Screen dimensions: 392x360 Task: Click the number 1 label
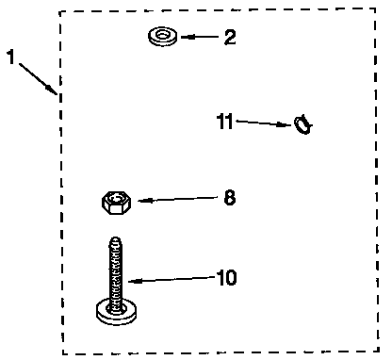tap(11, 57)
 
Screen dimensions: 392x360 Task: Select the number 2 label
tap(229, 39)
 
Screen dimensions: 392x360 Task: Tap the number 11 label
tap(225, 121)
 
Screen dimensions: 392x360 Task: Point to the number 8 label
tap(229, 198)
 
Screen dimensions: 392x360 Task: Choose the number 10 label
tap(225, 278)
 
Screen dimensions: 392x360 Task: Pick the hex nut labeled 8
tap(114, 200)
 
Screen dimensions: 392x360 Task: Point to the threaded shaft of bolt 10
tap(116, 269)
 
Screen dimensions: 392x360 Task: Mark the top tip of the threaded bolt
tap(116, 239)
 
